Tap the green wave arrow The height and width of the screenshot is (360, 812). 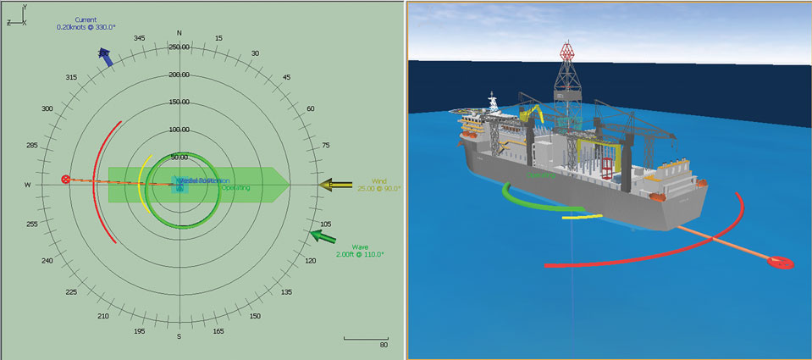click(323, 234)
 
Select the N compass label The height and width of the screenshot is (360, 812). click(180, 33)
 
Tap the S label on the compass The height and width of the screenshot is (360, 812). click(180, 336)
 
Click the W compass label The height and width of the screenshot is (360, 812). click(28, 185)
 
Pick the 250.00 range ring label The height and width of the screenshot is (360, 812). click(180, 47)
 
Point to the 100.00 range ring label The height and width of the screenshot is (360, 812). click(180, 130)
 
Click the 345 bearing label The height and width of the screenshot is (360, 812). click(140, 38)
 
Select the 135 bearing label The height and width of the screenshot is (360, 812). click(287, 292)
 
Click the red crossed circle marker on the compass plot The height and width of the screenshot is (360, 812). click(66, 180)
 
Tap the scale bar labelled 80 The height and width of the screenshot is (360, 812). click(366, 340)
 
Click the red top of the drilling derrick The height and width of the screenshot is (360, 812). click(566, 48)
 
